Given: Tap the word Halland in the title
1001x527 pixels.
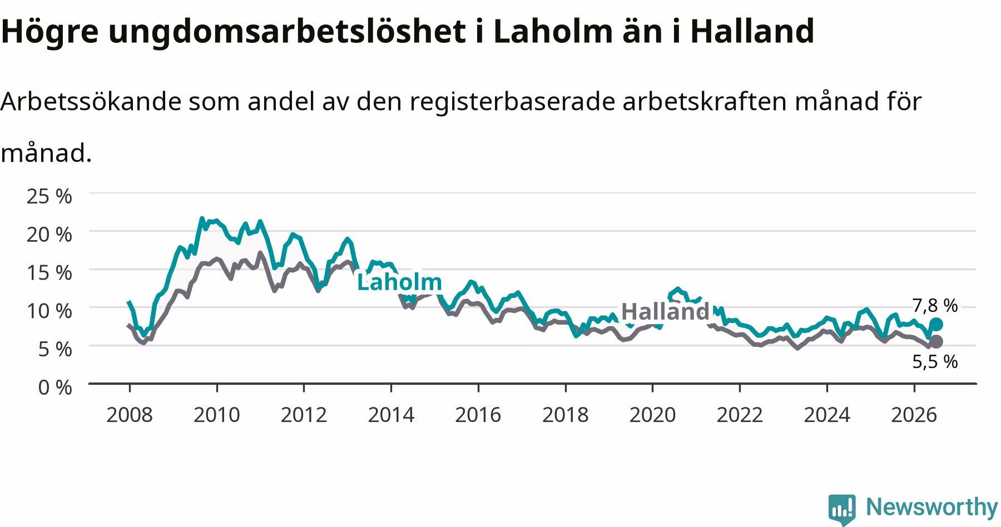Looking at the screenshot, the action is click(x=752, y=31).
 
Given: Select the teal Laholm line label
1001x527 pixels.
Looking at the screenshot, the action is click(x=399, y=282).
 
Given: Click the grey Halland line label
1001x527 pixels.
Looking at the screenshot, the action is click(x=665, y=311).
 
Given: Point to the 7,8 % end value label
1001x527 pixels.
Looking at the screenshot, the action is click(x=935, y=305).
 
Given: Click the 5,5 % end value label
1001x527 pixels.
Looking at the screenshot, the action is click(x=935, y=362).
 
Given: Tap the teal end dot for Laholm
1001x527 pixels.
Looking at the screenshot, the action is click(x=936, y=324).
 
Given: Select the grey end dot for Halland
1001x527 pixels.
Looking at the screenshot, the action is click(x=936, y=341).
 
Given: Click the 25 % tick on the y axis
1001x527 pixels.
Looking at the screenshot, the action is click(x=49, y=196).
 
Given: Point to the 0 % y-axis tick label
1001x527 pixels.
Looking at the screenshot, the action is click(x=55, y=387).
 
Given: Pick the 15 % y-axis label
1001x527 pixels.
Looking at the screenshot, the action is click(x=49, y=272).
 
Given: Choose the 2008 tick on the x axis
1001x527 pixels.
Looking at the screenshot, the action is click(x=130, y=415).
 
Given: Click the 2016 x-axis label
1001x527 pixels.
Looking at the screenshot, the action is click(x=478, y=415).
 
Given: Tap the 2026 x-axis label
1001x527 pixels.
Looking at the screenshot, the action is click(x=914, y=415).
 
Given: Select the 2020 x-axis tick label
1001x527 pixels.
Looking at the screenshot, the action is click(x=652, y=415).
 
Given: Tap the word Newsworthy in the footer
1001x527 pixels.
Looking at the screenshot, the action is click(x=932, y=508).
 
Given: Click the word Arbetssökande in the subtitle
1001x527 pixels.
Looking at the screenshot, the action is click(x=91, y=101).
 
